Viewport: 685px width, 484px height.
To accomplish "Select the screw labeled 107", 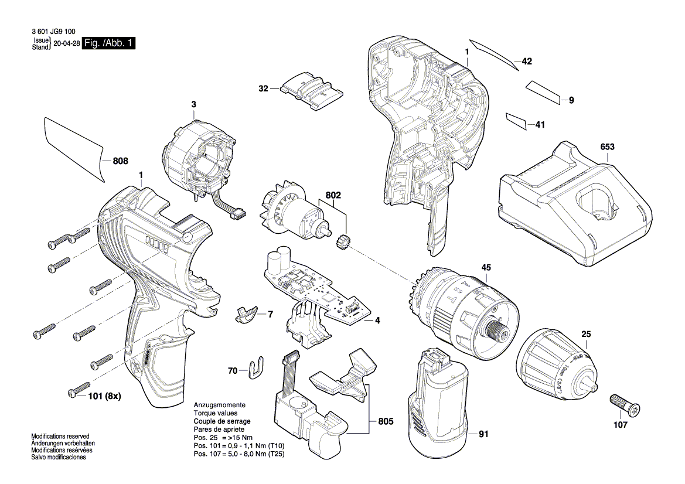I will click(625, 405).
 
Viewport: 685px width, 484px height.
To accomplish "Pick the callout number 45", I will click(486, 268).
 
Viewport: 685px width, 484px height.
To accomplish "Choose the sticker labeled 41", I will click(517, 121).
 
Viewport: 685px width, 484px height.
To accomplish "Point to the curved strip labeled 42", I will click(493, 54).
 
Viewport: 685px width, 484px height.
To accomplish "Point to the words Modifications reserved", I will click(60, 437).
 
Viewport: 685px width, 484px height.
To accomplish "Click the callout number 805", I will click(386, 421).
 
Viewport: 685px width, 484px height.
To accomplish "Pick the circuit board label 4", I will click(377, 321).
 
